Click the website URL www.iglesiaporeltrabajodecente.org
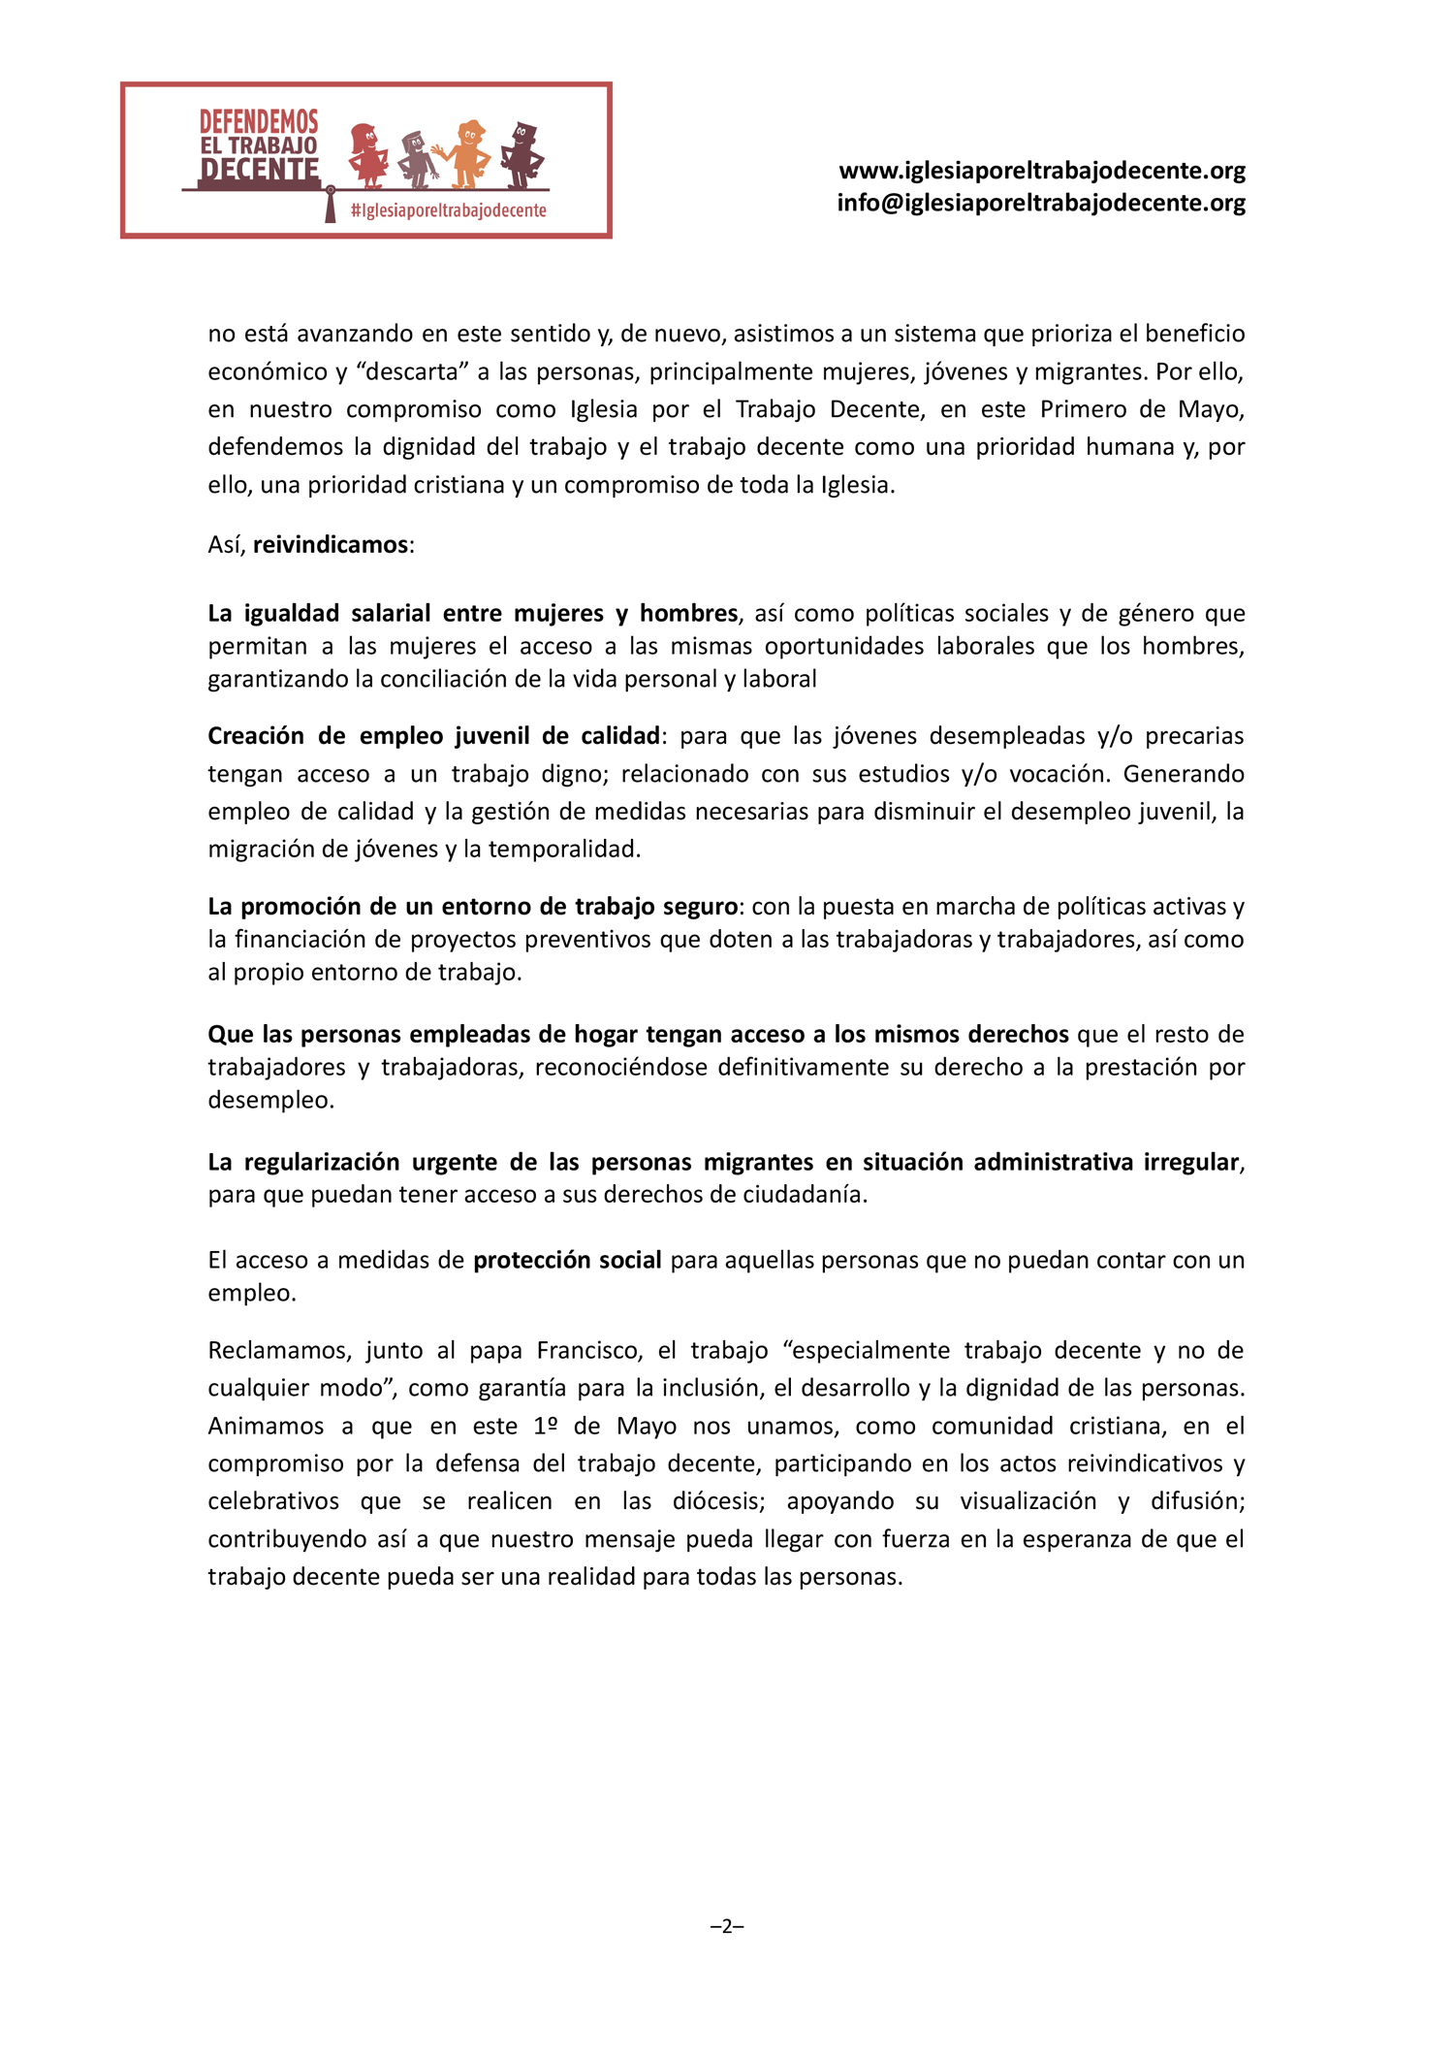click(x=1041, y=171)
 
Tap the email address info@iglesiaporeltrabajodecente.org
click(x=1041, y=203)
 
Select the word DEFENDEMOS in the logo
click(x=259, y=122)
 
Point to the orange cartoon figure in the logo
click(x=467, y=154)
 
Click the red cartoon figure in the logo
click(x=367, y=154)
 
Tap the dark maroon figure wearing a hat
click(x=522, y=154)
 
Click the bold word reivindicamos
click(x=330, y=545)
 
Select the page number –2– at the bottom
click(x=727, y=1926)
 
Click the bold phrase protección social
click(x=567, y=1260)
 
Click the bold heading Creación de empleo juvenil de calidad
click(x=433, y=736)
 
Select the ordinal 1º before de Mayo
click(x=547, y=1427)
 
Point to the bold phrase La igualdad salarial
click(x=319, y=614)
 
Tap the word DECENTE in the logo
click(x=259, y=171)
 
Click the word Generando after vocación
click(x=1184, y=774)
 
